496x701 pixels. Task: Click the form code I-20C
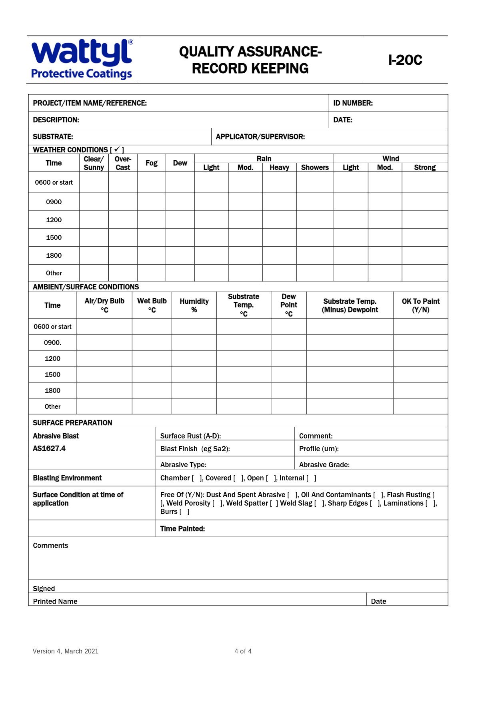(405, 60)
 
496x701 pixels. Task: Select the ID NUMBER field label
(353, 103)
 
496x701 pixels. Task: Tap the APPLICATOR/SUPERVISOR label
(260, 137)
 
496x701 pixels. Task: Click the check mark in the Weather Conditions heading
(117, 149)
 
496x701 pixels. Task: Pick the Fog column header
(151, 163)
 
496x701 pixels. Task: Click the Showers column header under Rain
(315, 167)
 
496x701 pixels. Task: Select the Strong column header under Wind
(424, 167)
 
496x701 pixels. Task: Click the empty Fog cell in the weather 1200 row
(151, 220)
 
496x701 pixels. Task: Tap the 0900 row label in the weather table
(54, 202)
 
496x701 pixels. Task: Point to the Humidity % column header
(194, 305)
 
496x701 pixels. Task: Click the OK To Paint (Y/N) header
(420, 305)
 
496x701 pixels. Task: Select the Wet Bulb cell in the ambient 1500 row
(152, 374)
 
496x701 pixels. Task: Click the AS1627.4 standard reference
(49, 448)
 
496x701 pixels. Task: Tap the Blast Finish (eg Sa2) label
(195, 449)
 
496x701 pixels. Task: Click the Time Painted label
(182, 529)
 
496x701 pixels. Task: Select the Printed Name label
(55, 601)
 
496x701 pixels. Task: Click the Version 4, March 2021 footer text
(65, 651)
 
